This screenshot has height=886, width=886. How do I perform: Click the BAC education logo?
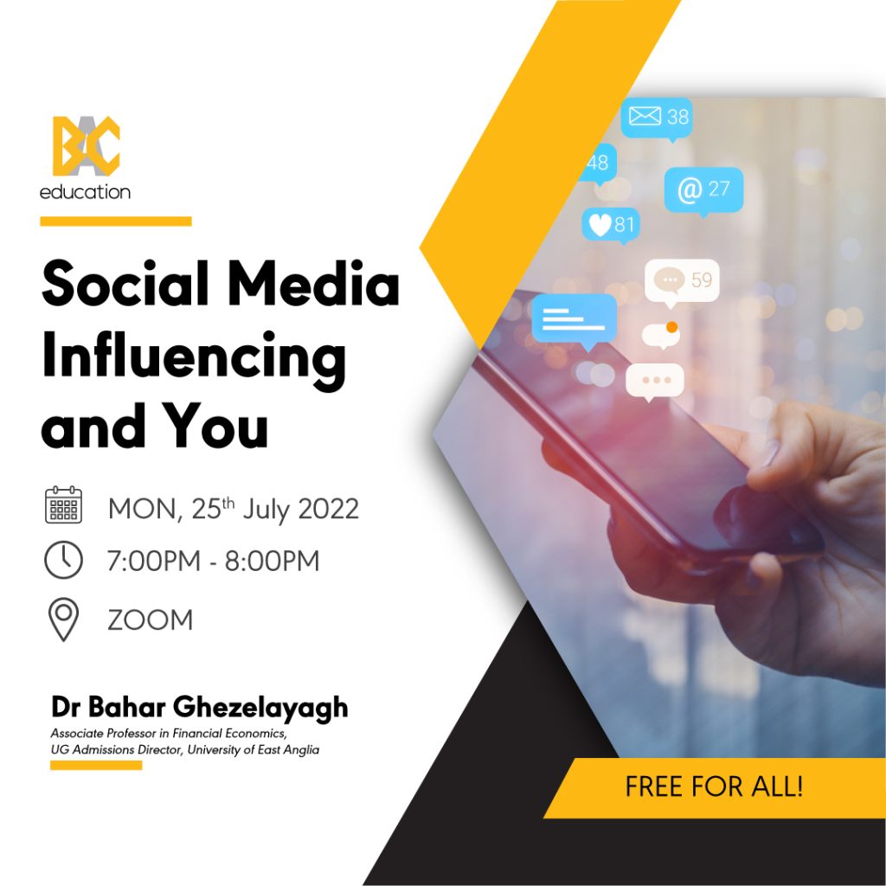click(86, 158)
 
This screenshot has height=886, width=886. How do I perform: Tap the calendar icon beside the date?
click(63, 504)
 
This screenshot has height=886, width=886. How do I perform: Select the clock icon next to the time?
click(63, 560)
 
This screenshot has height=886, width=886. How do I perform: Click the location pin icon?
click(63, 620)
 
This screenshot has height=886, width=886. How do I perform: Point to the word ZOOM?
click(151, 620)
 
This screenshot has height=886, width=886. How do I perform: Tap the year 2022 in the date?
click(328, 509)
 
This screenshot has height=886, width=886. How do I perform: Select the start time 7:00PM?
click(154, 561)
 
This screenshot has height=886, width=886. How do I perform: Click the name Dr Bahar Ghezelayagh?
click(200, 708)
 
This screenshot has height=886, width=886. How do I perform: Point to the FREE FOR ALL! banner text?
click(714, 786)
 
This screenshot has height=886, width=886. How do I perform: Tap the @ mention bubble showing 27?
click(703, 191)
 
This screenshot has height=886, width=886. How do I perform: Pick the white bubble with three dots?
click(655, 382)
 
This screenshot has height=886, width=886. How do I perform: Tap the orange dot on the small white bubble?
click(671, 327)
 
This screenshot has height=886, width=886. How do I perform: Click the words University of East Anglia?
click(254, 750)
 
